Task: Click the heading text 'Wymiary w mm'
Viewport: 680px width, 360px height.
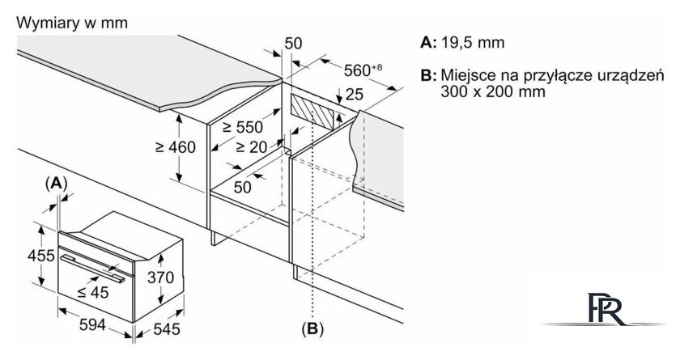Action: pos(72,23)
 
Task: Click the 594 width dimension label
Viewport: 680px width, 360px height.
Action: pos(92,324)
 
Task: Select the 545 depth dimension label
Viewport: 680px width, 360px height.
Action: pos(167,328)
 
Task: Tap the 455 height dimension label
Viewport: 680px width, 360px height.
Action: pos(41,256)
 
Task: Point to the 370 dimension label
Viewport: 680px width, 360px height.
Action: pos(160,277)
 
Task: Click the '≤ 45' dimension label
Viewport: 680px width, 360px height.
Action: pos(93,292)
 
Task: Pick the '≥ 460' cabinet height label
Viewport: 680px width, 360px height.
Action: pos(176,147)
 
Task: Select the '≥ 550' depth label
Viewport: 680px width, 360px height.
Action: pos(243,127)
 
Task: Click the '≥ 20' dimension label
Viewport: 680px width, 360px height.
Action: pos(252,147)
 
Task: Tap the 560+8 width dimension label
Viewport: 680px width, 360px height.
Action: pos(363,70)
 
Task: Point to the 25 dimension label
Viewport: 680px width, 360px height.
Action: pos(355,95)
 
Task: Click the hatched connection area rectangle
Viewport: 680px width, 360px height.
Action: pos(312,112)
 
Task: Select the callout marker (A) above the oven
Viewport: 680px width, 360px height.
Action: pos(57,184)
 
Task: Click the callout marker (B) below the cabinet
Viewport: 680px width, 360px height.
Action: pos(312,329)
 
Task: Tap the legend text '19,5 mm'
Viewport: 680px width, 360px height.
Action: pos(473,42)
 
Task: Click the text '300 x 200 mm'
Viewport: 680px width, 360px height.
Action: pos(493,91)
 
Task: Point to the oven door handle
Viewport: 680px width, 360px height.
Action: pos(92,269)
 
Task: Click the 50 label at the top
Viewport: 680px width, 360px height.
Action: pos(293,44)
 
